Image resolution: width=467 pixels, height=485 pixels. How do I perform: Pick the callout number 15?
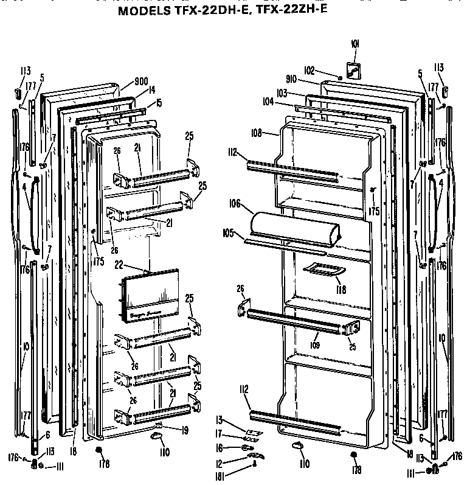click(x=157, y=103)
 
